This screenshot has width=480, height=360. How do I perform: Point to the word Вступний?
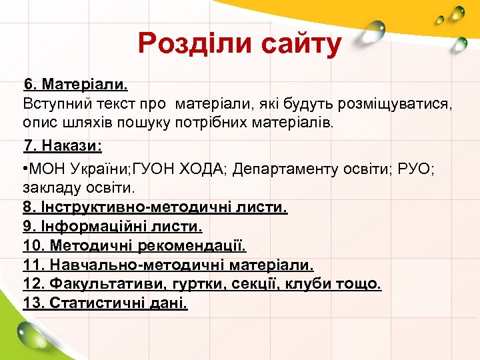click(x=56, y=105)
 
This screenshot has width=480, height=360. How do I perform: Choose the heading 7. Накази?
click(x=63, y=145)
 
